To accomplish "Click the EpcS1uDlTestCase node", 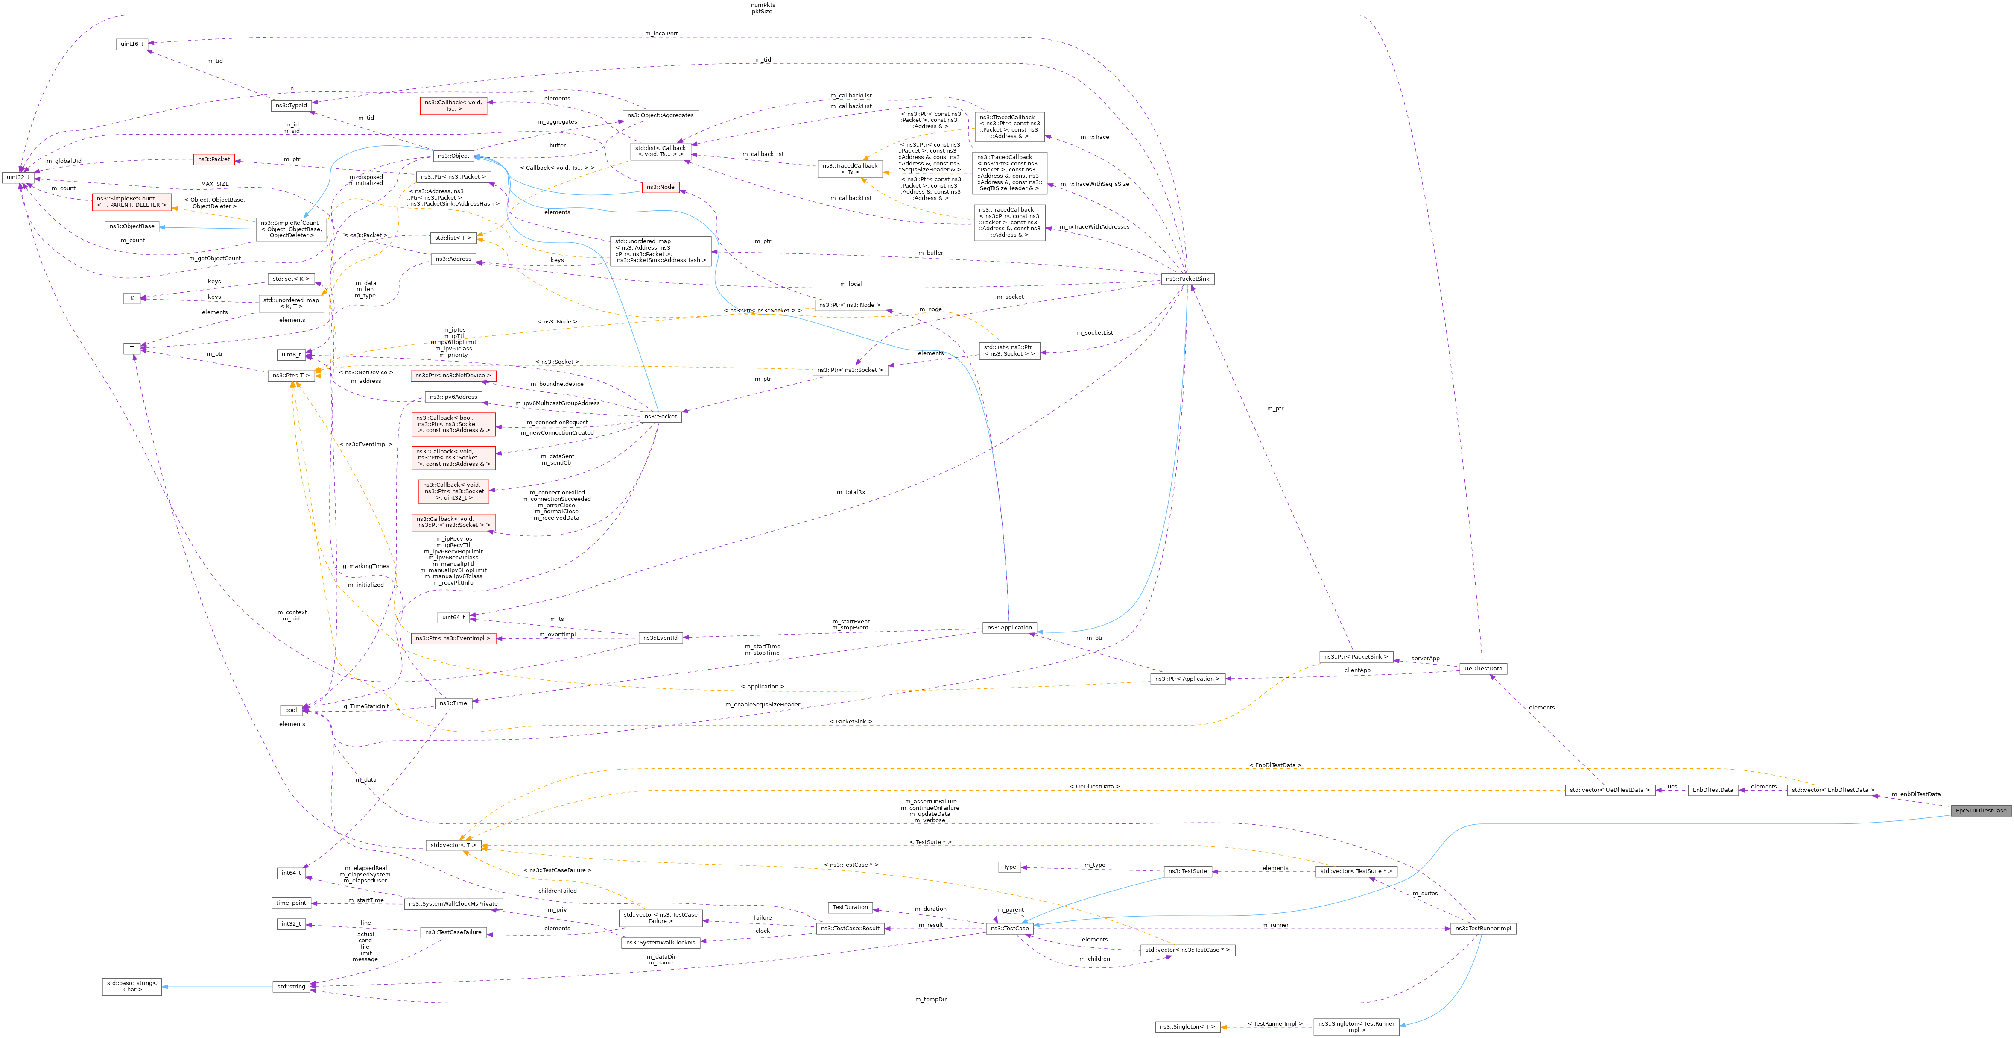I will (1980, 810).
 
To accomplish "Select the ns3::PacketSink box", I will (1187, 279).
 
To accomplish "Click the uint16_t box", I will (132, 44).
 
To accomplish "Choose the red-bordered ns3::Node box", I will (660, 187).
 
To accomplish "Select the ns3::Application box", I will (1009, 627).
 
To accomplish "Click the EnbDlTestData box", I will (1712, 790).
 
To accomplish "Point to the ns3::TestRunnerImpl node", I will (1482, 929).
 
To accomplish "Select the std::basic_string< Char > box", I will (132, 986).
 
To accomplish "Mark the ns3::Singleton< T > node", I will (1187, 1027).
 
